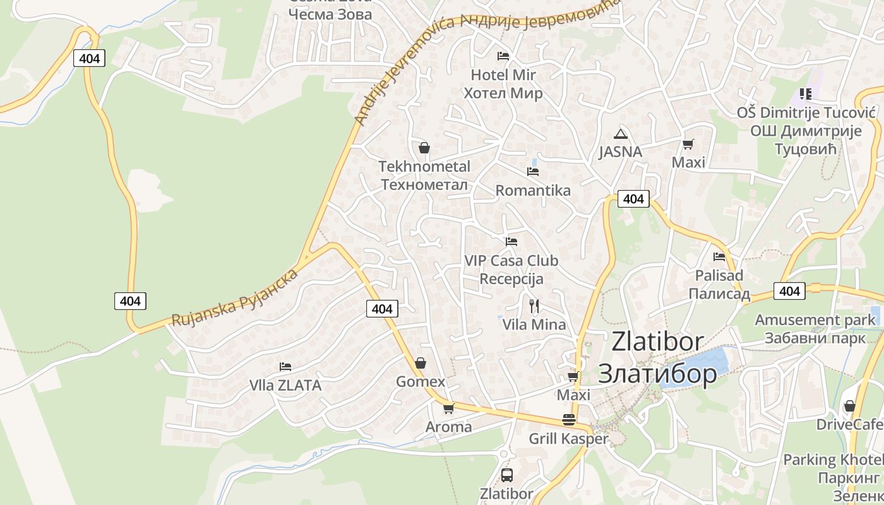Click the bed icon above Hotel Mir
(503, 56)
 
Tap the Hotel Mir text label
(503, 75)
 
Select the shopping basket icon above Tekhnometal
(424, 148)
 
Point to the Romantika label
(533, 191)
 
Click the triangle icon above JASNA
(621, 134)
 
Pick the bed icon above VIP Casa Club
(511, 242)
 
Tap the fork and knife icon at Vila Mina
(534, 306)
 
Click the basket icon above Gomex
(421, 363)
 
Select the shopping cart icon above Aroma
(449, 408)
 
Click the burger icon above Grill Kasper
(569, 420)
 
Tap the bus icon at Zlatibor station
(506, 475)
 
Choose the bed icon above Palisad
(719, 257)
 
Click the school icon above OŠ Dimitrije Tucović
(805, 95)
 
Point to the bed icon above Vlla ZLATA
(285, 367)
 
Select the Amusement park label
(815, 320)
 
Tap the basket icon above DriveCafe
(850, 406)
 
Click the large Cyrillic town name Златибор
(657, 374)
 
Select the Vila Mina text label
(534, 324)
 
